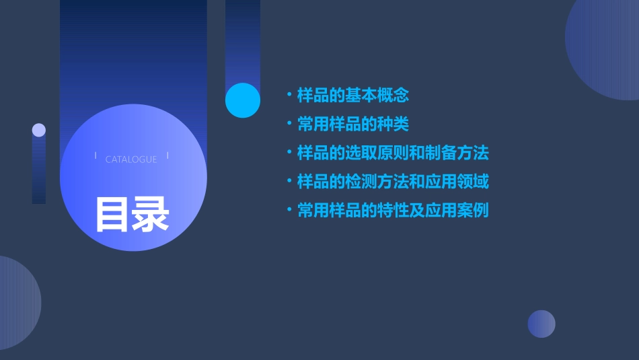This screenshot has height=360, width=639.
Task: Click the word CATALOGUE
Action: [131, 159]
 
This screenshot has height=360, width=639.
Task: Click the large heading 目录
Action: [132, 214]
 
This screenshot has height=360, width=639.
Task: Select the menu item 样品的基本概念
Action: [353, 96]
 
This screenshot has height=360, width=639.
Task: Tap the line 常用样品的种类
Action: [353, 124]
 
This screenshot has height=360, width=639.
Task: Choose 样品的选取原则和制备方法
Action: [393, 153]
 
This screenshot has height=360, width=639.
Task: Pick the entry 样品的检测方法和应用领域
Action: [393, 182]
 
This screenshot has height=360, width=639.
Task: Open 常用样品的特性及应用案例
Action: [393, 211]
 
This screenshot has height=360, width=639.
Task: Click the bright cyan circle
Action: [242, 100]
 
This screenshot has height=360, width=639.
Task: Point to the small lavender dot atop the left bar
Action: [39, 130]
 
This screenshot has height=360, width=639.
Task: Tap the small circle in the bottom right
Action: [541, 324]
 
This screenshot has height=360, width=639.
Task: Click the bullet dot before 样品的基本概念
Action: [289, 96]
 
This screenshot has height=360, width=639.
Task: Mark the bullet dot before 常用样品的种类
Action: [289, 124]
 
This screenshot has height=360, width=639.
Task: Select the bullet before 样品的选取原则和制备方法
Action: [289, 153]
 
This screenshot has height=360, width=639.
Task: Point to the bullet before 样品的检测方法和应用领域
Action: [289, 182]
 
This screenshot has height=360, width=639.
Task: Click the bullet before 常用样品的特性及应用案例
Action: [289, 211]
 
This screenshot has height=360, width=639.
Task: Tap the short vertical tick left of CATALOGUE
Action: [96, 156]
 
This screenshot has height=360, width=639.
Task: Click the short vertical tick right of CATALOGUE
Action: [167, 156]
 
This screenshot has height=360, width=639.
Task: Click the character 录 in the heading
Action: [151, 214]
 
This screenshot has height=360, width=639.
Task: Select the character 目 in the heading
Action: [112, 214]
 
